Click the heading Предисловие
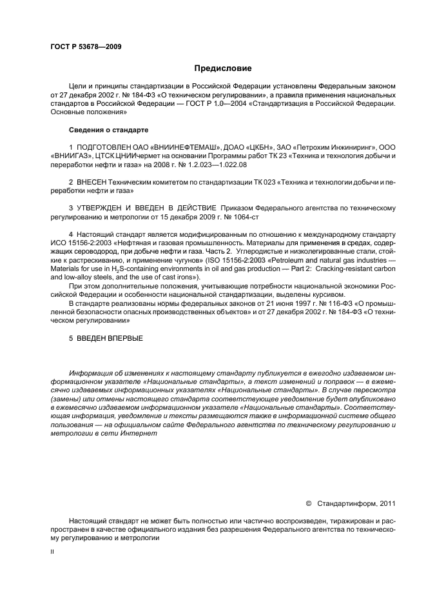pos(223,68)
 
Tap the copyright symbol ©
pos(308,503)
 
